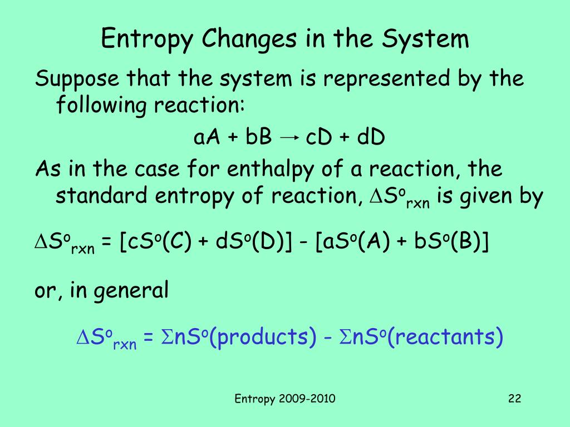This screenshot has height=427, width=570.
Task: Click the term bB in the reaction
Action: (258, 137)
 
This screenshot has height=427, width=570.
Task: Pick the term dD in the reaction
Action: (371, 137)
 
